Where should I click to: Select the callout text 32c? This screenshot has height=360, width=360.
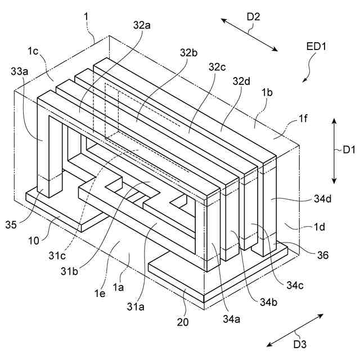click(x=217, y=67)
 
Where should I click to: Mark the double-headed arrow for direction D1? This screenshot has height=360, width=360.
click(x=335, y=150)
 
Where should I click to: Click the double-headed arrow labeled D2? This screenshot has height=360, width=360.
click(x=249, y=35)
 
